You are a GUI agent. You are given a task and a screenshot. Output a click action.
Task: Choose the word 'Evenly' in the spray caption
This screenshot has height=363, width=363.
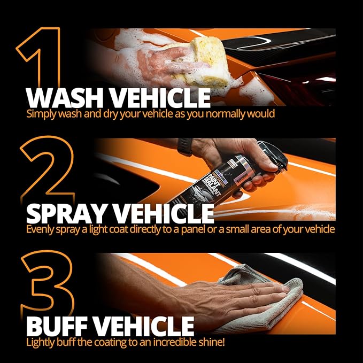40,229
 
